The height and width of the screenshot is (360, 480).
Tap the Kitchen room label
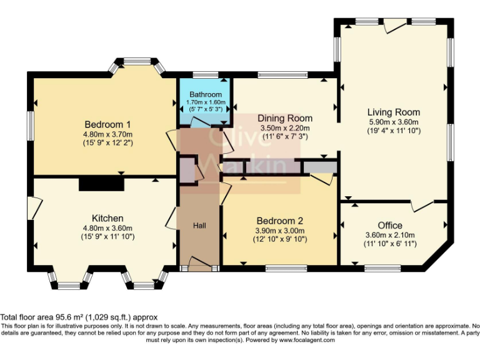coord(107,218)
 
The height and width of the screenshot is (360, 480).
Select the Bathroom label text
coord(206,94)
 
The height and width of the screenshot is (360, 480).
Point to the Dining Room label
coord(286,118)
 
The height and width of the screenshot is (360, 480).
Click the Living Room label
coord(393,112)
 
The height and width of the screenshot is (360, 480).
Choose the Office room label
coord(390,225)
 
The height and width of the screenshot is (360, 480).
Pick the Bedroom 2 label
coord(280,221)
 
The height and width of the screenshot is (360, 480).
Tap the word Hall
coord(199,225)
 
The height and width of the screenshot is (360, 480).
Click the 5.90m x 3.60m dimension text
coord(393,122)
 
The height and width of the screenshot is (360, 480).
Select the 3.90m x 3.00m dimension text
coord(280,230)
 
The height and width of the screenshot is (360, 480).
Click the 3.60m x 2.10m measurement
coord(390,235)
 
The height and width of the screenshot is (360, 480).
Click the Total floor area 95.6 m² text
coord(79,317)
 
